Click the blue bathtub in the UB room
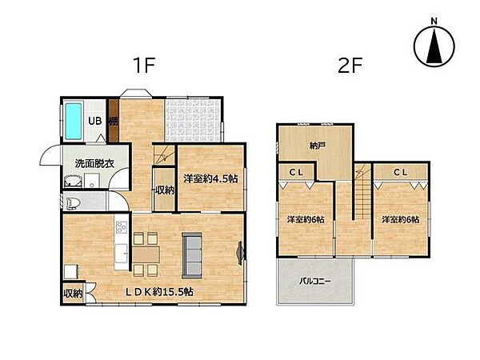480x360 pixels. [x=74, y=121]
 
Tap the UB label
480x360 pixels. [x=95, y=121]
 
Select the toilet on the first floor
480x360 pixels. [x=73, y=203]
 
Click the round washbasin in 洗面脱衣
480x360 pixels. [x=73, y=182]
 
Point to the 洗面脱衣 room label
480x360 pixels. [x=94, y=163]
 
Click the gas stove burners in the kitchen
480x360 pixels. [x=122, y=227]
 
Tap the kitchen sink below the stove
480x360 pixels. [x=122, y=253]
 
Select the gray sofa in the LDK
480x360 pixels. [x=192, y=255]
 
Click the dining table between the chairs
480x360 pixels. [x=146, y=254]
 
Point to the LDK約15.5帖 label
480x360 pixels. [x=159, y=292]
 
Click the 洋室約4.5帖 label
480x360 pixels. [x=210, y=178]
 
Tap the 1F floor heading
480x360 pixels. [x=145, y=66]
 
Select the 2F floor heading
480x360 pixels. [x=350, y=66]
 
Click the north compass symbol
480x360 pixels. [x=434, y=46]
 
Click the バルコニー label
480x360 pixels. [x=315, y=281]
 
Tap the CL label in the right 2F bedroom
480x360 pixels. [x=401, y=172]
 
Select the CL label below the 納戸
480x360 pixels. [x=296, y=172]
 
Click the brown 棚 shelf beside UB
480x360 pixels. [x=114, y=121]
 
